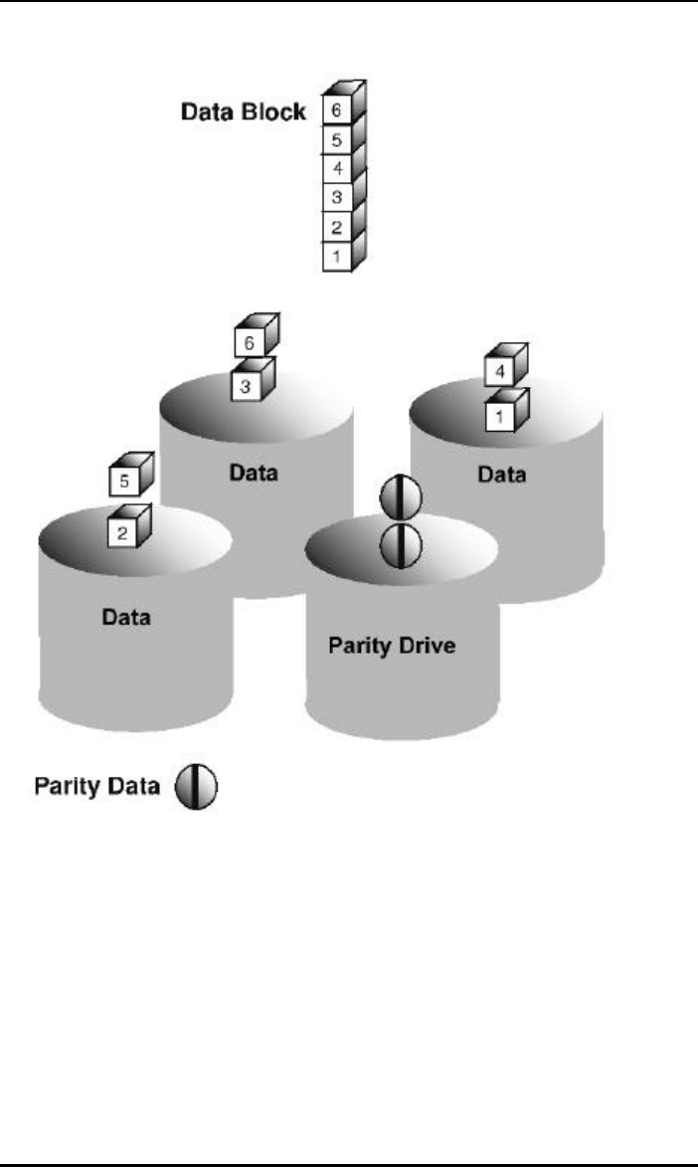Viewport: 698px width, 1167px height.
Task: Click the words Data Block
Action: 244,112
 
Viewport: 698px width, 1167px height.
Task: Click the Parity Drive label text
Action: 392,646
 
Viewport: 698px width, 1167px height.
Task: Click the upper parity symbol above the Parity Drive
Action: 402,497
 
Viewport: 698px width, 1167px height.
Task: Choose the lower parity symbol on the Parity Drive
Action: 402,545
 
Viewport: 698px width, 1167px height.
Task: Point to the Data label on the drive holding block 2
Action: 126,618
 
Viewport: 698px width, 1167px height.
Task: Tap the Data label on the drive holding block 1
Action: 501,476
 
